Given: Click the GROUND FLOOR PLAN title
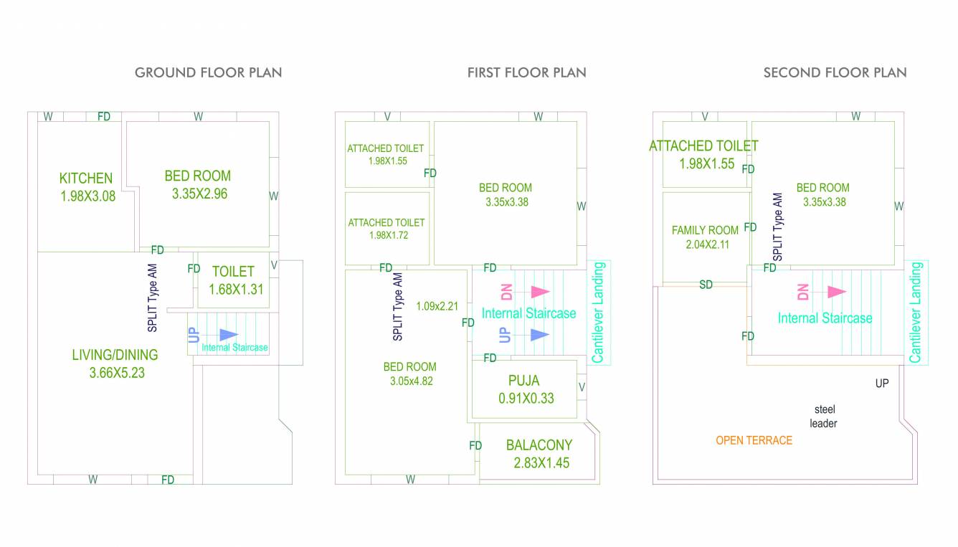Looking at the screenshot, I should point(208,72).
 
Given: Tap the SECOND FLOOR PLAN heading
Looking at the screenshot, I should point(835,72).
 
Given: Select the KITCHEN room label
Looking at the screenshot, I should point(85,179).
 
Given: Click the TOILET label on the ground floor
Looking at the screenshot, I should point(233,272).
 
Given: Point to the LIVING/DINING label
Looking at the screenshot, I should point(115,355).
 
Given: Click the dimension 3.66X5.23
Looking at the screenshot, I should point(116,373).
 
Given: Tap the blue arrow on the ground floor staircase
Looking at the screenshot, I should point(228,335).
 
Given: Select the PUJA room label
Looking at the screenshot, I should point(523,381).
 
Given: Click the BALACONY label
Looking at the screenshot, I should point(539,445).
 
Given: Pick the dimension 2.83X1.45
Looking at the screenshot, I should point(541,463).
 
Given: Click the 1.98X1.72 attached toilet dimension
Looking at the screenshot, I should point(387,235).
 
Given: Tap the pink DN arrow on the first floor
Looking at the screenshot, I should point(539,292).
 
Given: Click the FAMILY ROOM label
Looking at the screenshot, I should point(705,230).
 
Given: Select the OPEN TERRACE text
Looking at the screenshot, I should point(754,440).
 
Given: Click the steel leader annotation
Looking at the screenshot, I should point(824,417).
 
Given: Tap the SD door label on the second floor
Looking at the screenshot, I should point(706,285).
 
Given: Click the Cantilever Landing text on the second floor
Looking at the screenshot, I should point(916,313).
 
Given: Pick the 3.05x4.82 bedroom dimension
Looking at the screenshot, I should point(410,381).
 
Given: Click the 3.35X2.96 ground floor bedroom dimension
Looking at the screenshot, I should point(199,194).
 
